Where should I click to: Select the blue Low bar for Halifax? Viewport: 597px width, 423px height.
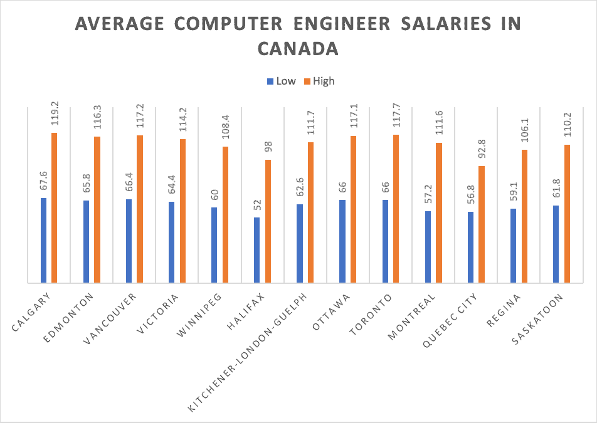256,250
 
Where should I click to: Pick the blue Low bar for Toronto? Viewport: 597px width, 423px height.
385,241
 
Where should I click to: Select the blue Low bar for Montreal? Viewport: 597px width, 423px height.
428,247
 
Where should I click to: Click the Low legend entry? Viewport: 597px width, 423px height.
282,81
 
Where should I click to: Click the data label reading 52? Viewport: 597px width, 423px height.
256,206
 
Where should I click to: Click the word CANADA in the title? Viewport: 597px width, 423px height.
298,48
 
